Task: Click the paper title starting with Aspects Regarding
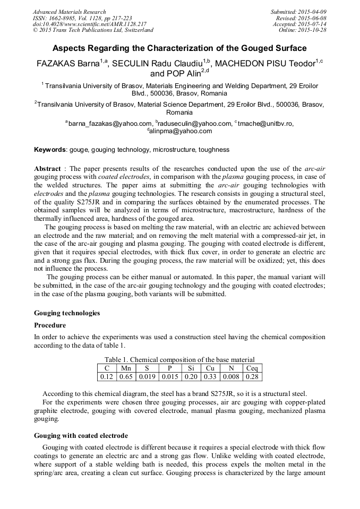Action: click(179, 48)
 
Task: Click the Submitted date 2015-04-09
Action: click(298, 12)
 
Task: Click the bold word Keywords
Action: click(50, 150)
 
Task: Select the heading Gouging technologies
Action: click(67, 313)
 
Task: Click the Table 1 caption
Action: click(179, 359)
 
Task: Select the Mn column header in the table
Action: click(126, 368)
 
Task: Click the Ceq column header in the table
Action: click(252, 368)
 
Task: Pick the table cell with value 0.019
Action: click(147, 376)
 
